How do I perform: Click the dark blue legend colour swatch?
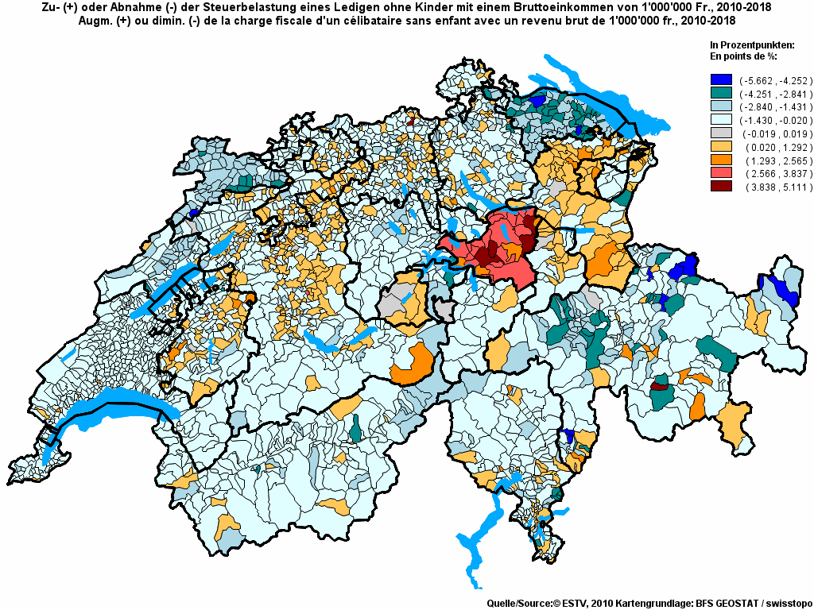721,79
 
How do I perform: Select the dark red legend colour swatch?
721,187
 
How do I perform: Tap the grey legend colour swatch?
721,133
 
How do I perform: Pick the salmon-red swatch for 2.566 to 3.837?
721,174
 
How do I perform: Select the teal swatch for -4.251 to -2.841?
721,93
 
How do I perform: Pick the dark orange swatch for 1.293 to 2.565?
721,160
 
